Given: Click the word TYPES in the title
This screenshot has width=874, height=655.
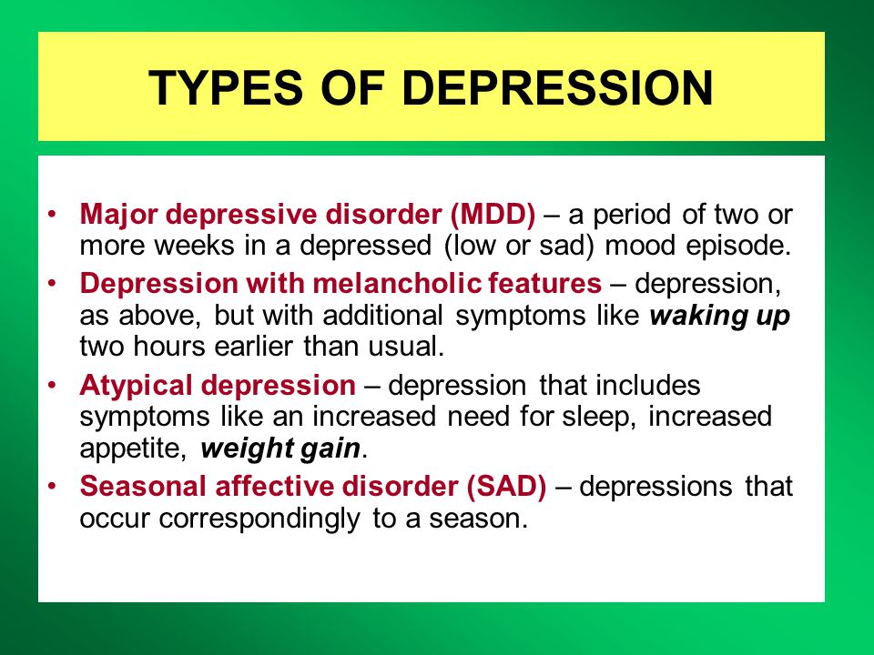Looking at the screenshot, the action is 226,87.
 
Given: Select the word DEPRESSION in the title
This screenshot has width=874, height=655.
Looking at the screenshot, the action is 557,87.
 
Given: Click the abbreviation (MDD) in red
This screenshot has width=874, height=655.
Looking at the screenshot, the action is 493,215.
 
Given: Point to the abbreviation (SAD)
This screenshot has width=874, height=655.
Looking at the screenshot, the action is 506,486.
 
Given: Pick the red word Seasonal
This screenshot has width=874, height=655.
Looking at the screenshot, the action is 143,486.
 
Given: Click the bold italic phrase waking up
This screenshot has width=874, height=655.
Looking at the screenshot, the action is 719,317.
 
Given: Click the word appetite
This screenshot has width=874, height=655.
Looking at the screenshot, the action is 131,448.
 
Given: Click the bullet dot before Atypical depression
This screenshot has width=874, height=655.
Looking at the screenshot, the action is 53,385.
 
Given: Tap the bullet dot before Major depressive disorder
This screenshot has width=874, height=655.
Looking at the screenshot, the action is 53,215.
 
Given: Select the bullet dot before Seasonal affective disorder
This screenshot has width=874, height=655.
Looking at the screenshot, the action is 53,486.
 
